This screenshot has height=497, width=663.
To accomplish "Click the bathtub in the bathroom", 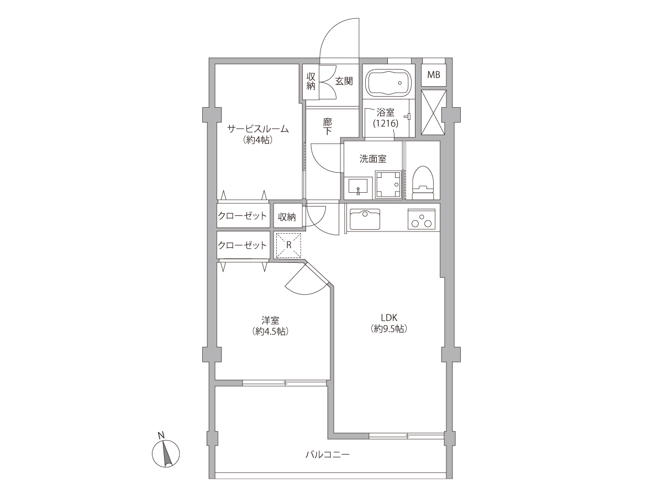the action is pos(388,82).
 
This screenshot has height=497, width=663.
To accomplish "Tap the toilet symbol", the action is pos(423,182).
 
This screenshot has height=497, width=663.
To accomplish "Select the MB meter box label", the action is pos(434,75).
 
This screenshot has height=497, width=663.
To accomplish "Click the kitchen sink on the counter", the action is pos(365,220).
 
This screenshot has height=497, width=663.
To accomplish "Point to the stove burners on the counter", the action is pos(419,219).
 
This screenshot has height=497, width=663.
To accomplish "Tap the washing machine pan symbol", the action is pos(388,184).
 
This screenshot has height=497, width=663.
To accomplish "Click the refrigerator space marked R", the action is pos(288,245).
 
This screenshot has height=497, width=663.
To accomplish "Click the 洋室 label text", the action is pos(270,320).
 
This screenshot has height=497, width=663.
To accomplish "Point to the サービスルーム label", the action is pos(257,129).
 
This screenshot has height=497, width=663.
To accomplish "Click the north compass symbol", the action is pos(166,453).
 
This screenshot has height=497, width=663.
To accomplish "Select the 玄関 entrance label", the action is pos(344,81).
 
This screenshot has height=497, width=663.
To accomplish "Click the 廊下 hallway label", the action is pos(327,126).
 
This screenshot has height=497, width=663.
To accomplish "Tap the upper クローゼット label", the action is pos(242,216).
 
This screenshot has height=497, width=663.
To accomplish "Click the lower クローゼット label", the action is pos(242,245).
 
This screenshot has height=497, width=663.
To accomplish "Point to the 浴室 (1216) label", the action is pos(386,118).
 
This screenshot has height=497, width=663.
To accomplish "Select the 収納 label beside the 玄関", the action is pos(311,81).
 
